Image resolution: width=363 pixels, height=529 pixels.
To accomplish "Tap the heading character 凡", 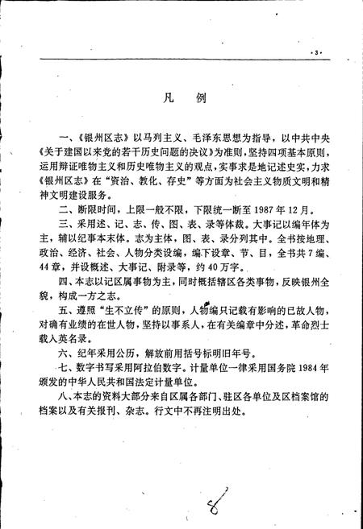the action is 161,101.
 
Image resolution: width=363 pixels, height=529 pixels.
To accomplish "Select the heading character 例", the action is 200,101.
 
